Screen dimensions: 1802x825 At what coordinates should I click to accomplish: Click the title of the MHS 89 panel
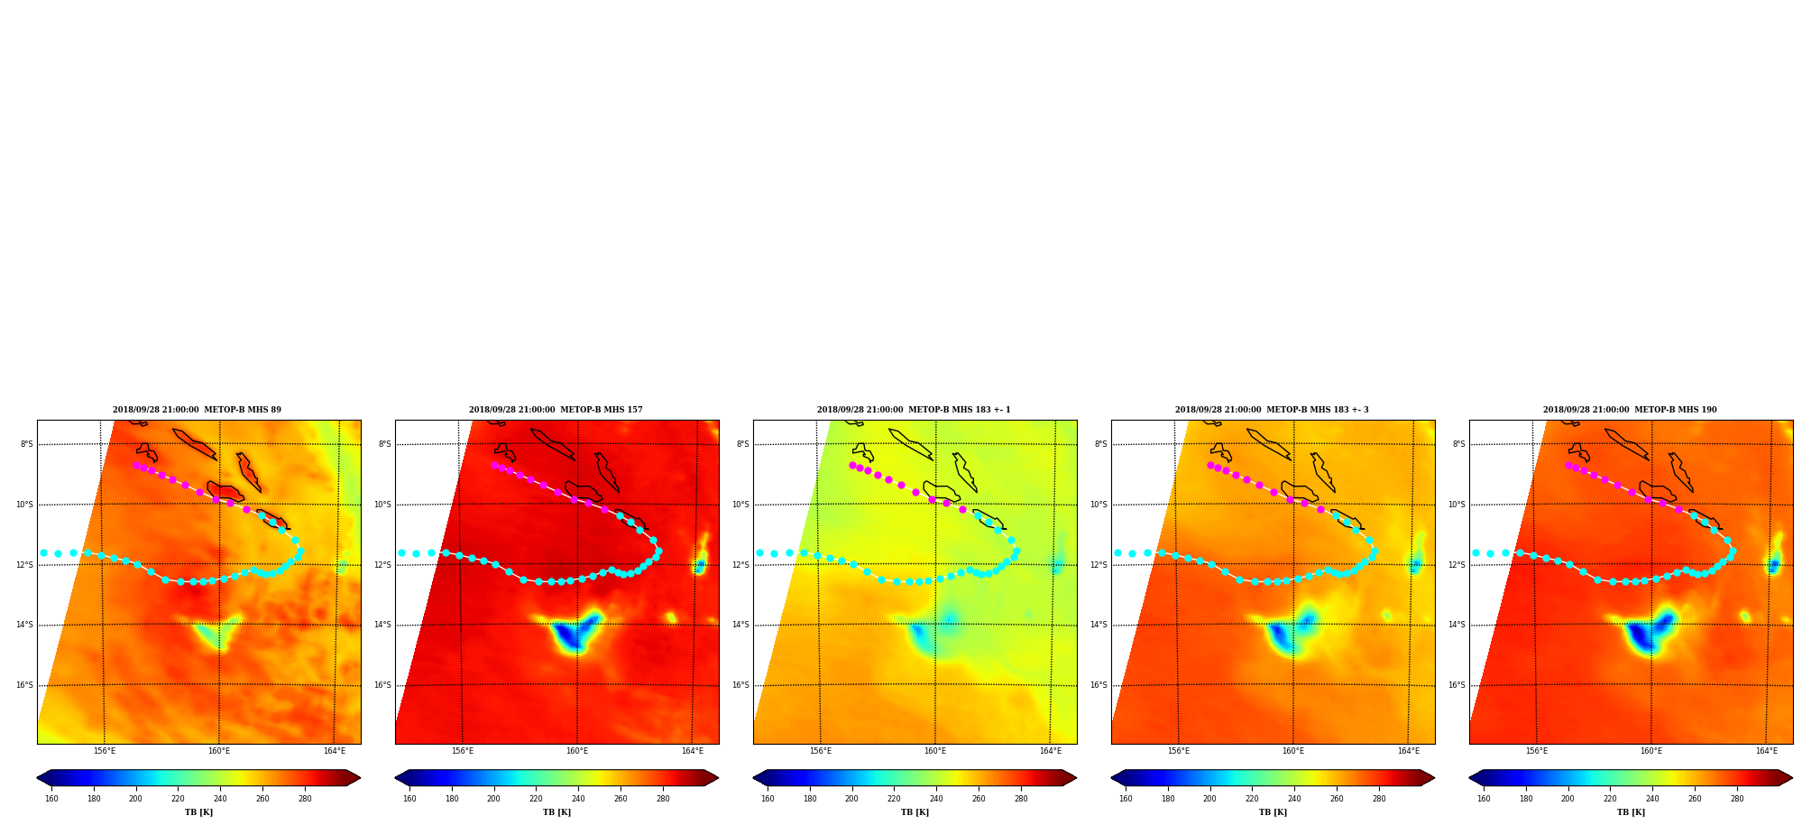pyautogui.click(x=197, y=410)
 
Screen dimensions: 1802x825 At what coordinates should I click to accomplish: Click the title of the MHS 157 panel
pyautogui.click(x=556, y=410)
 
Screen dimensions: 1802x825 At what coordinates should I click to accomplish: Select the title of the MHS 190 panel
pyautogui.click(x=1630, y=410)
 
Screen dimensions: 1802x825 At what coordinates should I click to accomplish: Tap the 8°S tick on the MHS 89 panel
pyautogui.click(x=27, y=444)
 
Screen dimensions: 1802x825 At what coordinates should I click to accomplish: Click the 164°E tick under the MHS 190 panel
pyautogui.click(x=1766, y=751)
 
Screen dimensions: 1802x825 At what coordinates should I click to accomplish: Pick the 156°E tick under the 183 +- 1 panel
pyautogui.click(x=820, y=751)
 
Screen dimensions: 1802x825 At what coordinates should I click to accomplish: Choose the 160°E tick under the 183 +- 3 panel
pyautogui.click(x=1293, y=751)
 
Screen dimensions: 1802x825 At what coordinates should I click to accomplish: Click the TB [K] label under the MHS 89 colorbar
pyautogui.click(x=199, y=812)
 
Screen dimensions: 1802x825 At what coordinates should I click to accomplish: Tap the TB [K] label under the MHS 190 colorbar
pyautogui.click(x=1631, y=812)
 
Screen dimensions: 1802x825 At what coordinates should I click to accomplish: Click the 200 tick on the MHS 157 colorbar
pyautogui.click(x=493, y=799)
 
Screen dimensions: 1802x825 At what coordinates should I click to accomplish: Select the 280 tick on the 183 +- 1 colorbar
pyautogui.click(x=1021, y=799)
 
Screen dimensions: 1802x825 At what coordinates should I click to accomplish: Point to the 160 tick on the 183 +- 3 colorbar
pyautogui.click(x=1126, y=799)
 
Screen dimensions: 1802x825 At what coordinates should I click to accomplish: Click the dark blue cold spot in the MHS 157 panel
pyautogui.click(x=566, y=636)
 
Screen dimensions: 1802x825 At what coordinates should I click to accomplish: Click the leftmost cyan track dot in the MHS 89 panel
pyautogui.click(x=43, y=552)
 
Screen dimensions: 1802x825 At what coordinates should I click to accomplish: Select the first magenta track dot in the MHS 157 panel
pyautogui.click(x=494, y=465)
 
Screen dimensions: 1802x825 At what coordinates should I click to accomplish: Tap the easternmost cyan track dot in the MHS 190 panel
pyautogui.click(x=1733, y=551)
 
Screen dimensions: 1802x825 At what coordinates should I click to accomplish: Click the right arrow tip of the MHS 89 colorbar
pyautogui.click(x=360, y=778)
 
